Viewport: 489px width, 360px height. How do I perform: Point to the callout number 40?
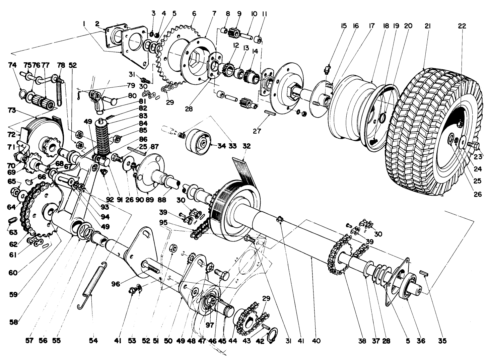click(x=316, y=341)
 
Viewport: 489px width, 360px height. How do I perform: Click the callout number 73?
click(x=12, y=111)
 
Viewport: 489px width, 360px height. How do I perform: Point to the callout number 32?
click(x=247, y=146)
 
